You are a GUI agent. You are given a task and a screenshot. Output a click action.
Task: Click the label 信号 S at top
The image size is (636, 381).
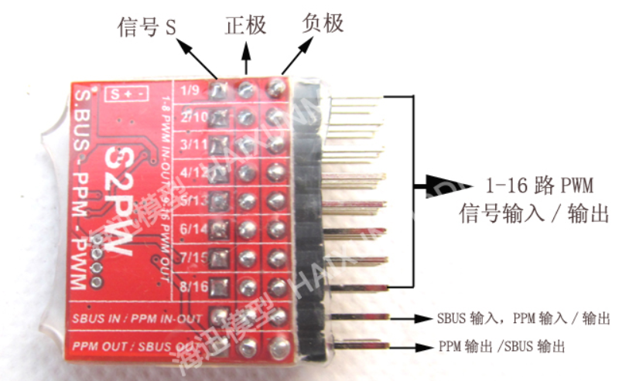pos(148,29)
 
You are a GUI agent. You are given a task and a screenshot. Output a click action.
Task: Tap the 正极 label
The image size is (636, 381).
pos(245,26)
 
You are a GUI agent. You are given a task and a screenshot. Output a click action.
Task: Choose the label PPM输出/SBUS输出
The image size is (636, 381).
pos(501,347)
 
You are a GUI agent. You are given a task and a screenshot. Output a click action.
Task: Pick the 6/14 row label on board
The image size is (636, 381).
pos(190,229)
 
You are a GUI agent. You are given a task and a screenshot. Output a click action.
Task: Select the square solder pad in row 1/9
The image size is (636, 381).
pos(219,90)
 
